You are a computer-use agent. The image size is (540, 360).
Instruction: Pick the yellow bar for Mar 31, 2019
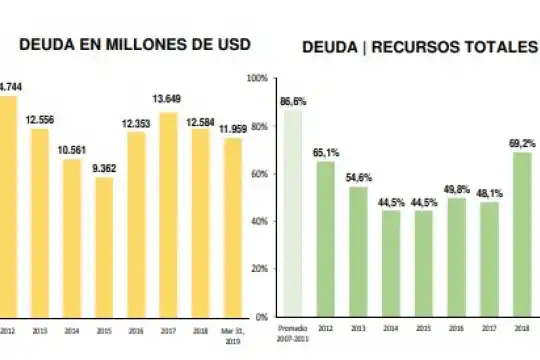click(x=231, y=227)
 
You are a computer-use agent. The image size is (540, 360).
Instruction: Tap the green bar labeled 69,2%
click(x=522, y=234)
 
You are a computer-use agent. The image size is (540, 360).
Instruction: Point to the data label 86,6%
click(x=293, y=101)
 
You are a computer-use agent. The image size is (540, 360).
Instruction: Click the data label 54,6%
click(x=358, y=177)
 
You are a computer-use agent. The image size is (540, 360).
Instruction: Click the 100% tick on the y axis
click(x=257, y=78)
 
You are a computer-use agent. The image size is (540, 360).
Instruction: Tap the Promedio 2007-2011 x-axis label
click(x=291, y=333)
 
